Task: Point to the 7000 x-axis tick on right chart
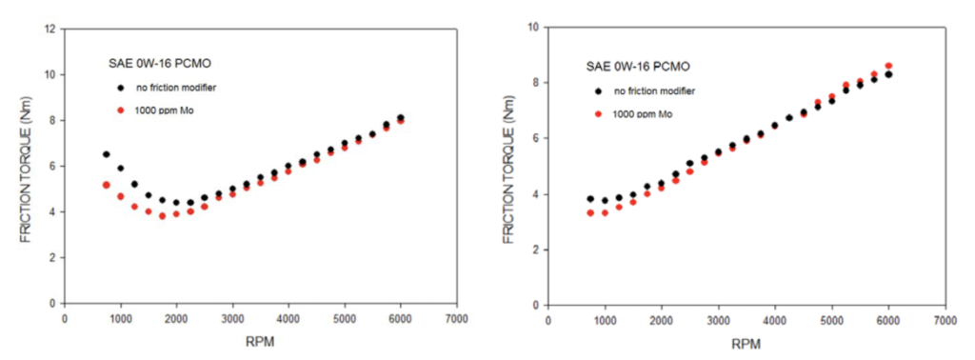tap(945, 321)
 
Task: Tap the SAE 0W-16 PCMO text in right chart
tap(637, 66)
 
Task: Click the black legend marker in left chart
tap(121, 88)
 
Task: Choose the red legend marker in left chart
tap(121, 112)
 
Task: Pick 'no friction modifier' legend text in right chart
tap(662, 90)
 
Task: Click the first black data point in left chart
tap(107, 154)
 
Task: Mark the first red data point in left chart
tap(107, 185)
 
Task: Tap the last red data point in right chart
tap(888, 66)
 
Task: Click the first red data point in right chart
tap(590, 212)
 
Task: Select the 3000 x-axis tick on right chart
tap(718, 321)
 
